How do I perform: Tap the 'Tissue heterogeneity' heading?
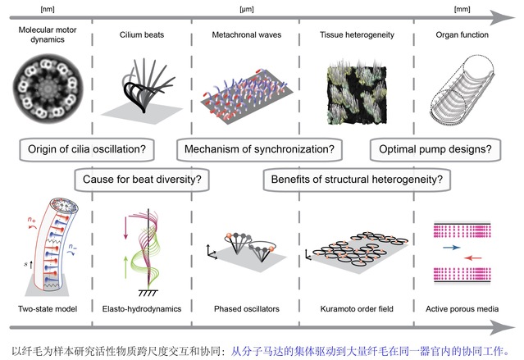pos(355,35)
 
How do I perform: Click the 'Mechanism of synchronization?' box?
pos(258,150)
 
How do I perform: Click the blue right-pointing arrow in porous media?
pos(450,244)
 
